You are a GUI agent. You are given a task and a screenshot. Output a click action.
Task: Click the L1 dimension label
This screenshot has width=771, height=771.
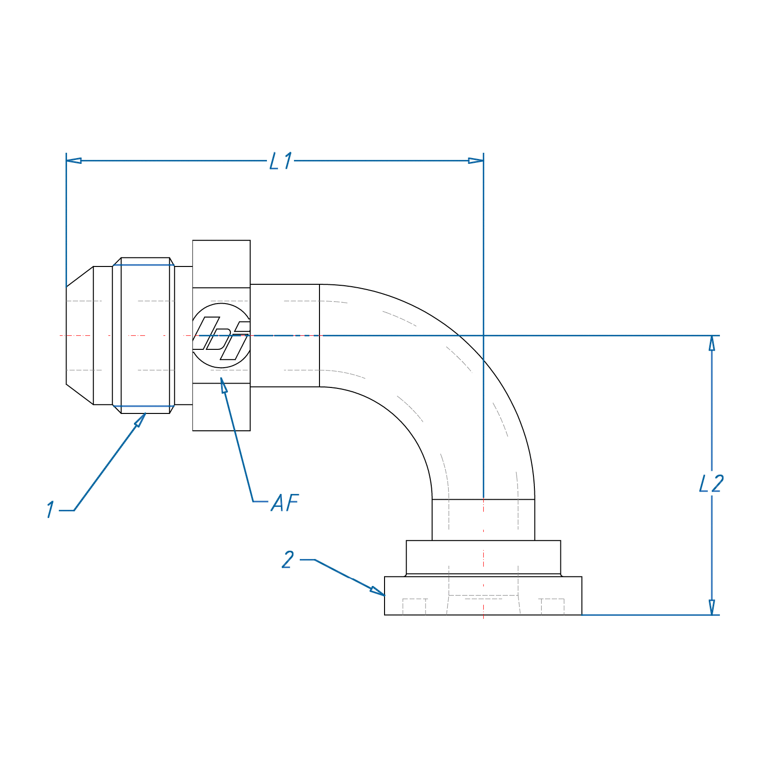(281, 161)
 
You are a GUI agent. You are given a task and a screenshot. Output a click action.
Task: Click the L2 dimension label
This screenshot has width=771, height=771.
(712, 483)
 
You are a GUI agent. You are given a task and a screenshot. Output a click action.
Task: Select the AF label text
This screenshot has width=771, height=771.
(285, 503)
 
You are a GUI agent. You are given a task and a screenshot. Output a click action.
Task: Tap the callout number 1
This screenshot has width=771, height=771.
(51, 509)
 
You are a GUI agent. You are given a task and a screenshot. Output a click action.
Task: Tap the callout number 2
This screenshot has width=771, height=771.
(288, 559)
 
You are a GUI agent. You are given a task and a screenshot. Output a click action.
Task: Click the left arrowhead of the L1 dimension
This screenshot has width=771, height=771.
(74, 160)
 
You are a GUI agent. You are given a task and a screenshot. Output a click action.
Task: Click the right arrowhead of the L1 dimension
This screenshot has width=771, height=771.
(476, 160)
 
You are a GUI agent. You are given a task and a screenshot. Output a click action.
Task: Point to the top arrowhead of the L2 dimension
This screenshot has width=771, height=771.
(712, 343)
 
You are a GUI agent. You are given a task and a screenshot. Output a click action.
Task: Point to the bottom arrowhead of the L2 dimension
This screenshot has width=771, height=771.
(712, 607)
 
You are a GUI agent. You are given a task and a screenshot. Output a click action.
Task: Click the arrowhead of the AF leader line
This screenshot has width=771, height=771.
(223, 385)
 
